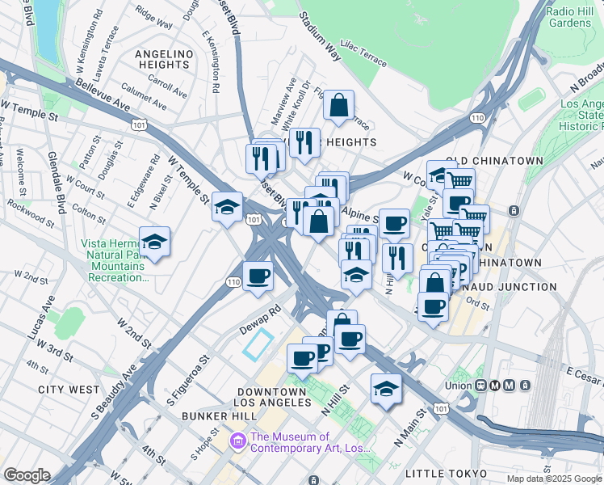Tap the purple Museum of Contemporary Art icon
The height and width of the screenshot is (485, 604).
click(238, 440)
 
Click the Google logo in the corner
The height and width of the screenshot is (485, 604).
click(26, 475)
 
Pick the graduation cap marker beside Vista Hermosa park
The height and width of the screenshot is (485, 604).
click(154, 241)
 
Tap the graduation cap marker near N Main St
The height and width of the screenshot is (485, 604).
click(386, 389)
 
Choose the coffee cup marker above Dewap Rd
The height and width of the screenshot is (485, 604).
click(258, 276)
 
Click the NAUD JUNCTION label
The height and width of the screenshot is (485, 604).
click(517, 287)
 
